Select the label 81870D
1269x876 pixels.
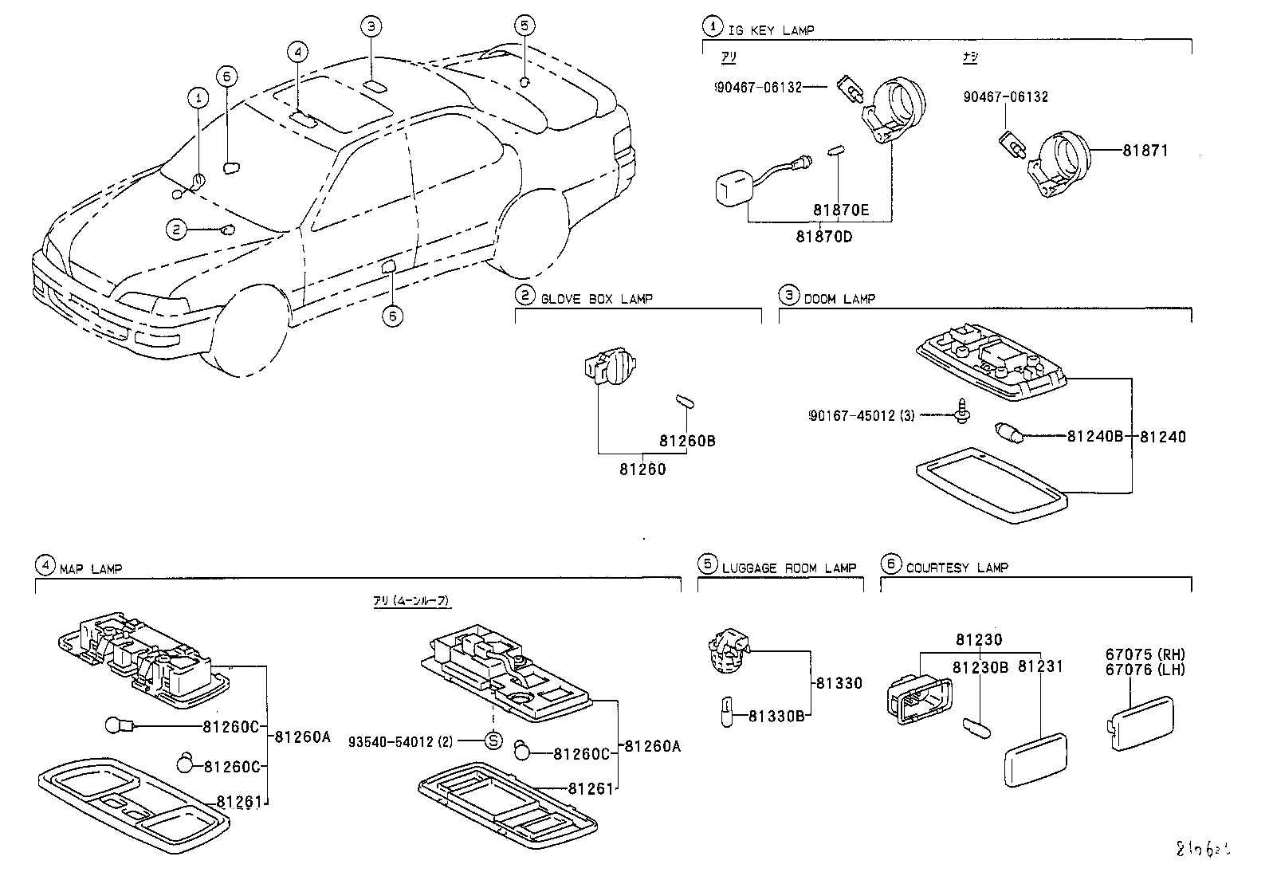pos(824,236)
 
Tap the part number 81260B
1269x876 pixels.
pos(686,440)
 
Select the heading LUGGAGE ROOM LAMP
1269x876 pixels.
pos(788,568)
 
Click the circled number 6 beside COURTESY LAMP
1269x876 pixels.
pos(890,564)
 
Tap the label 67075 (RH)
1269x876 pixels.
pos(1144,654)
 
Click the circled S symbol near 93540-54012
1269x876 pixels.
pos(493,741)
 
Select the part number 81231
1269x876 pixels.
pos(1041,666)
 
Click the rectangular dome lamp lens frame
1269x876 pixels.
pos(991,485)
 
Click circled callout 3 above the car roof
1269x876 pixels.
pos(371,26)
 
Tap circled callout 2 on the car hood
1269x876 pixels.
pos(175,230)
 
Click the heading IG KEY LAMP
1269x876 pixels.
pos(771,30)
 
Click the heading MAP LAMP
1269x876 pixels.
pos(90,569)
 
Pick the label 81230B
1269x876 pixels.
pos(980,666)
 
